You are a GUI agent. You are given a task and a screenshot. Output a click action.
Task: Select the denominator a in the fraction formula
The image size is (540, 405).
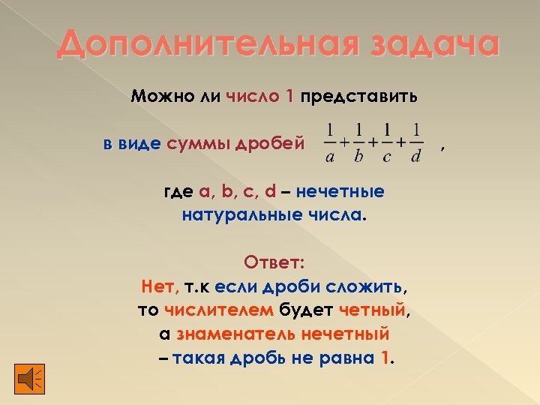[330, 157]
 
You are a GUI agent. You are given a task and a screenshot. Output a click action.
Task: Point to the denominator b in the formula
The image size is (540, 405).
[358, 157]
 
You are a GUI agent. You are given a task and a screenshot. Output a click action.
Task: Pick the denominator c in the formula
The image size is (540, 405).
[387, 157]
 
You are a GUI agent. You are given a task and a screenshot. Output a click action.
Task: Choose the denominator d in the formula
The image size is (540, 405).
[415, 157]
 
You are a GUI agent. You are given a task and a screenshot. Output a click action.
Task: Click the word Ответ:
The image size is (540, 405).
[274, 262]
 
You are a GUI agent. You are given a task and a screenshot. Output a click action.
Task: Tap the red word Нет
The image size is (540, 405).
[157, 286]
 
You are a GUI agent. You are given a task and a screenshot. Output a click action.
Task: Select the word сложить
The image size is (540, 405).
[371, 286]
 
